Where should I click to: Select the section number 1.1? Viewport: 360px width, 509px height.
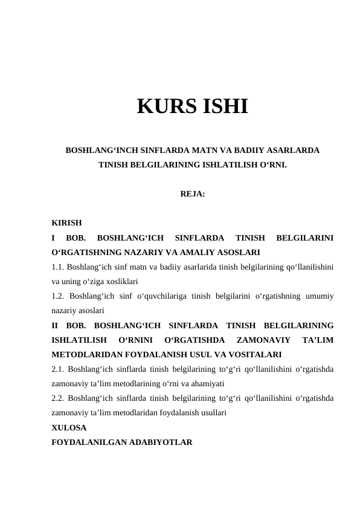(x=59, y=267)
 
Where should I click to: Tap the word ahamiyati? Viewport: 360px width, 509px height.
(x=206, y=383)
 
